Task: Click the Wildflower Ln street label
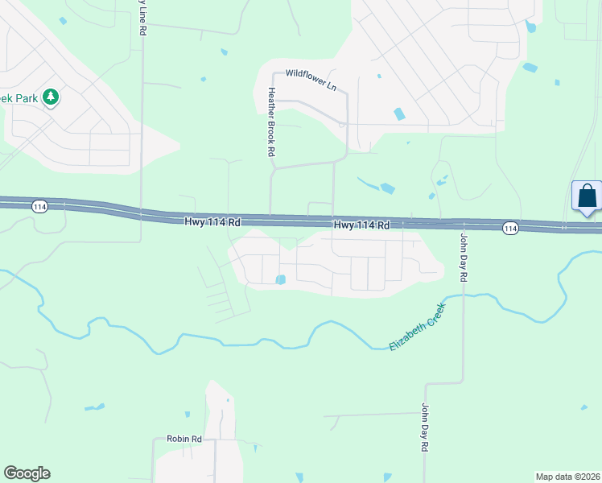pos(311,78)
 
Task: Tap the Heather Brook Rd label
pos(272,122)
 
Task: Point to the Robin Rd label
pos(183,439)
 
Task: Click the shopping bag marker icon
pos(587,196)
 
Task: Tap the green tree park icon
pos(51,97)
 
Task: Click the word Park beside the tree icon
pos(25,97)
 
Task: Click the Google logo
pos(27,473)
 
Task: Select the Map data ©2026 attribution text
pos(567,477)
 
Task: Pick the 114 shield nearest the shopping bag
pos(510,229)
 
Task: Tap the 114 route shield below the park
pos(39,207)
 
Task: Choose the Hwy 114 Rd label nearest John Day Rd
pos(361,225)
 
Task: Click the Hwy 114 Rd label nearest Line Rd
pos(213,221)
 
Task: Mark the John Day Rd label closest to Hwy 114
pos(464,257)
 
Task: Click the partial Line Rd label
pos(142,18)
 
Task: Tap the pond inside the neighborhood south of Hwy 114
pos(280,280)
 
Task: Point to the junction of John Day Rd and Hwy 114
pos(463,224)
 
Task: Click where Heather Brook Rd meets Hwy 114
pos(270,216)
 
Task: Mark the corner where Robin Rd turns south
pos(155,440)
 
